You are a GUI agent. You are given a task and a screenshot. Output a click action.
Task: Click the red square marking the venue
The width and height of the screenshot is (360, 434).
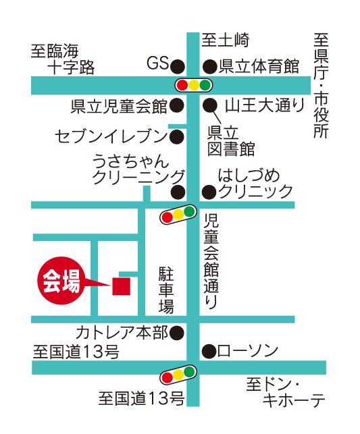coord(122,286)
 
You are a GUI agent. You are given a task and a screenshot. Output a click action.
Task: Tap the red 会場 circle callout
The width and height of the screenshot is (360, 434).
coord(61,281)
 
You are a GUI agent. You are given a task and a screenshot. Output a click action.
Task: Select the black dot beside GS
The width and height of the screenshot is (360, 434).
coord(178,66)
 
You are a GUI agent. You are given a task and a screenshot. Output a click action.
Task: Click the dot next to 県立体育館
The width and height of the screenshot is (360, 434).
coord(210,66)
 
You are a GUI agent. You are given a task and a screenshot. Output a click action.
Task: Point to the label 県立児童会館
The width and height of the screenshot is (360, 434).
coord(119,106)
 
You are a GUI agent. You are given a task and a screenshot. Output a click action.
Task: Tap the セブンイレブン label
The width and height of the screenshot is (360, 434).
coord(111,136)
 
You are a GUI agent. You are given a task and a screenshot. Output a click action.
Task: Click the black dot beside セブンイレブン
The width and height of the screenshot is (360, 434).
coord(177,136)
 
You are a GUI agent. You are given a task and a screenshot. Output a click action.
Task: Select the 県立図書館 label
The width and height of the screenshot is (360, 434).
coord(231,141)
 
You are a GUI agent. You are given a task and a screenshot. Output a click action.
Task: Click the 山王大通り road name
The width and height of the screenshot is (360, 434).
coord(265,105)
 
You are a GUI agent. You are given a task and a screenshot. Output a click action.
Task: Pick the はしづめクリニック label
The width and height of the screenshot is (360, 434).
coord(255,184)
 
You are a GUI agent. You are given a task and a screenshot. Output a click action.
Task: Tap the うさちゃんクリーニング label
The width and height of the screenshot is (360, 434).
coord(138,169)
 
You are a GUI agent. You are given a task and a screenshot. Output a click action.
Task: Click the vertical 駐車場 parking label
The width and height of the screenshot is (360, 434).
coord(166,290)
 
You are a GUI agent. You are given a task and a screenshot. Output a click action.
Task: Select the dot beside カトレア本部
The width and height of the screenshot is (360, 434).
coord(177,333)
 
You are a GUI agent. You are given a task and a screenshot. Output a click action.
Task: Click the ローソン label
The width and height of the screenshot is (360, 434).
coord(248,351)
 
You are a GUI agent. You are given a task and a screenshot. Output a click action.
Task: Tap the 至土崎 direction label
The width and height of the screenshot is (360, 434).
coord(225,40)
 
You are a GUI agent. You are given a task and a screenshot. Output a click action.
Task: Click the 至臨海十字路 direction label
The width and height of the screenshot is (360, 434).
coord(63,59)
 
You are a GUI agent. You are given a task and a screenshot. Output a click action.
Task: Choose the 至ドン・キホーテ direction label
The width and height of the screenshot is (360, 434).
coord(286,392)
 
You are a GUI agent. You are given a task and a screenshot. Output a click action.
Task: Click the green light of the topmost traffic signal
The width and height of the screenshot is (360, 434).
coord(205,85)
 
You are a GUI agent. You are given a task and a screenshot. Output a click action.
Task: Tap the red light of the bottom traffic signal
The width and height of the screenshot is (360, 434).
coord(168,377)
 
